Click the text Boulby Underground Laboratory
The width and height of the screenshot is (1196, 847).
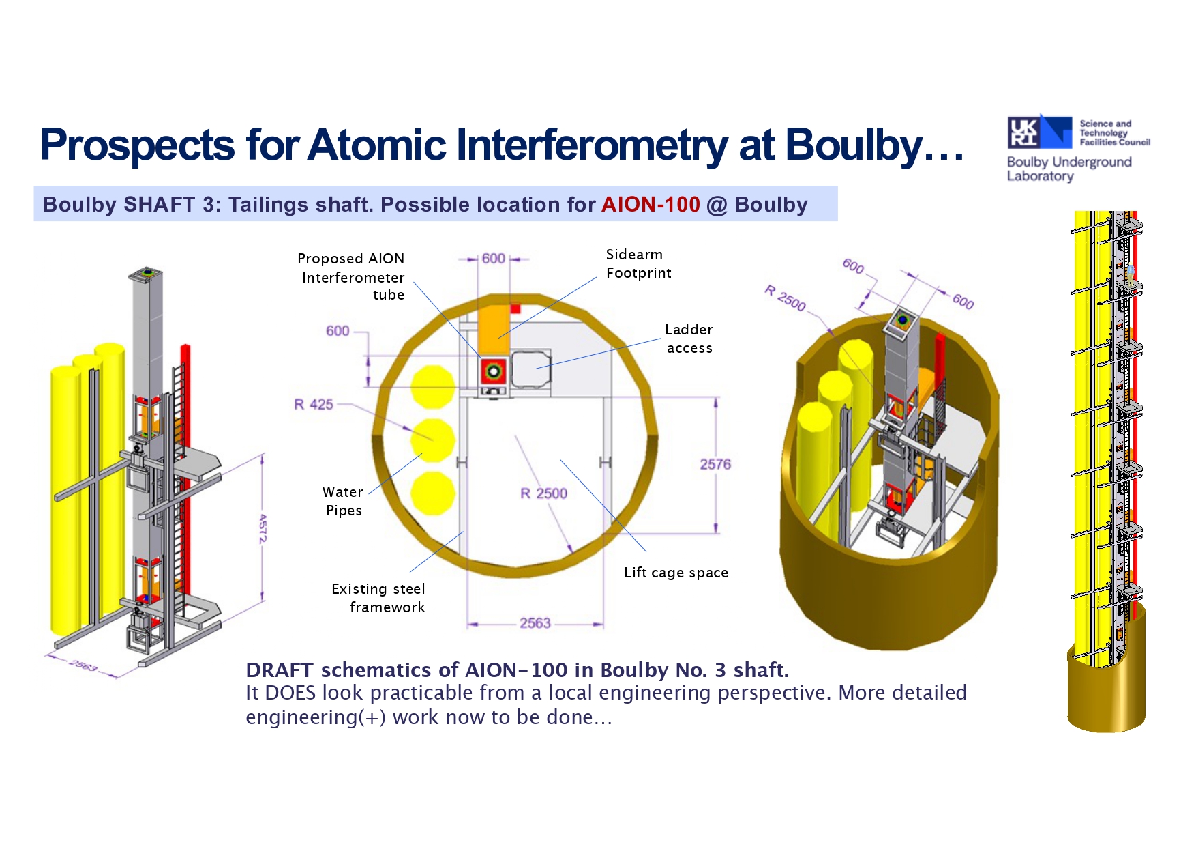pos(1069,169)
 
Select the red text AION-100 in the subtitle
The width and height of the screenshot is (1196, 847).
pos(651,204)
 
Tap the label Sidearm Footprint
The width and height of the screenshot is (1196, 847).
pos(638,263)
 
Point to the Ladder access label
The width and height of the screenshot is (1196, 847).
pos(689,339)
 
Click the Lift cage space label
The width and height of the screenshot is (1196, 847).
pos(676,573)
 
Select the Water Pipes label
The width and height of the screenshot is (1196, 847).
pos(343,501)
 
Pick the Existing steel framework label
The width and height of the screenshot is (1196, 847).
pos(378,598)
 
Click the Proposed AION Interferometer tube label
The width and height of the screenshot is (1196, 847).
pos(351,276)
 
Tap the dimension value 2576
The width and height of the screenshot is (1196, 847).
pos(715,464)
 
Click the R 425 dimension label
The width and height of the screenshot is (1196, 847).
pos(314,404)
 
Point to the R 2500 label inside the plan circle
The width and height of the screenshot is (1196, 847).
pos(543,493)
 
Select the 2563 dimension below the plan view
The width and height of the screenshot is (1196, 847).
pos(535,622)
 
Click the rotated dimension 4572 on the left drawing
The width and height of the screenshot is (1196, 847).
pos(263,528)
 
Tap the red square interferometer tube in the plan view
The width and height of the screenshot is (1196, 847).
pos(493,371)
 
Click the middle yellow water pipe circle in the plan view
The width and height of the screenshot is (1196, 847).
pos(432,440)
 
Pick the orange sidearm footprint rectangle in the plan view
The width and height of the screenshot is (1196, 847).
pos(494,330)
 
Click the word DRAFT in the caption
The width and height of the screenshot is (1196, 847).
pos(280,670)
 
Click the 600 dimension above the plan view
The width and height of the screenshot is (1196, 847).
pos(494,259)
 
